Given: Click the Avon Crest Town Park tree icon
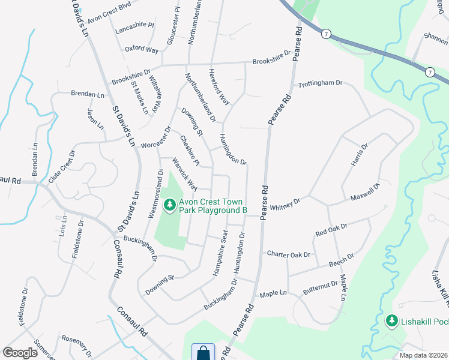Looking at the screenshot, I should click(x=170, y=206).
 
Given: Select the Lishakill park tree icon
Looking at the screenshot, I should click(x=392, y=322).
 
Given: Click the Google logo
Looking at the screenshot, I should click(x=20, y=352).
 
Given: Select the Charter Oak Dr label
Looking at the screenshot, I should click(x=289, y=254).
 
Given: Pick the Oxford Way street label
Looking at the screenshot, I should click(x=142, y=49).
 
